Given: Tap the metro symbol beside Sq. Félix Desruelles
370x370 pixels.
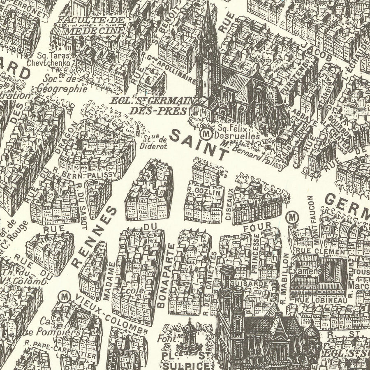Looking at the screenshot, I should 205,133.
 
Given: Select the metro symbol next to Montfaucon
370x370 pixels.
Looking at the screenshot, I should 292,216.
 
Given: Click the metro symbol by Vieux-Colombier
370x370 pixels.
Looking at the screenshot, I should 64,296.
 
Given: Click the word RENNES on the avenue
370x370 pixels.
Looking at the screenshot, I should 94,238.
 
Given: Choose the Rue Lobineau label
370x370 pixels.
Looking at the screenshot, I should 321,301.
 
